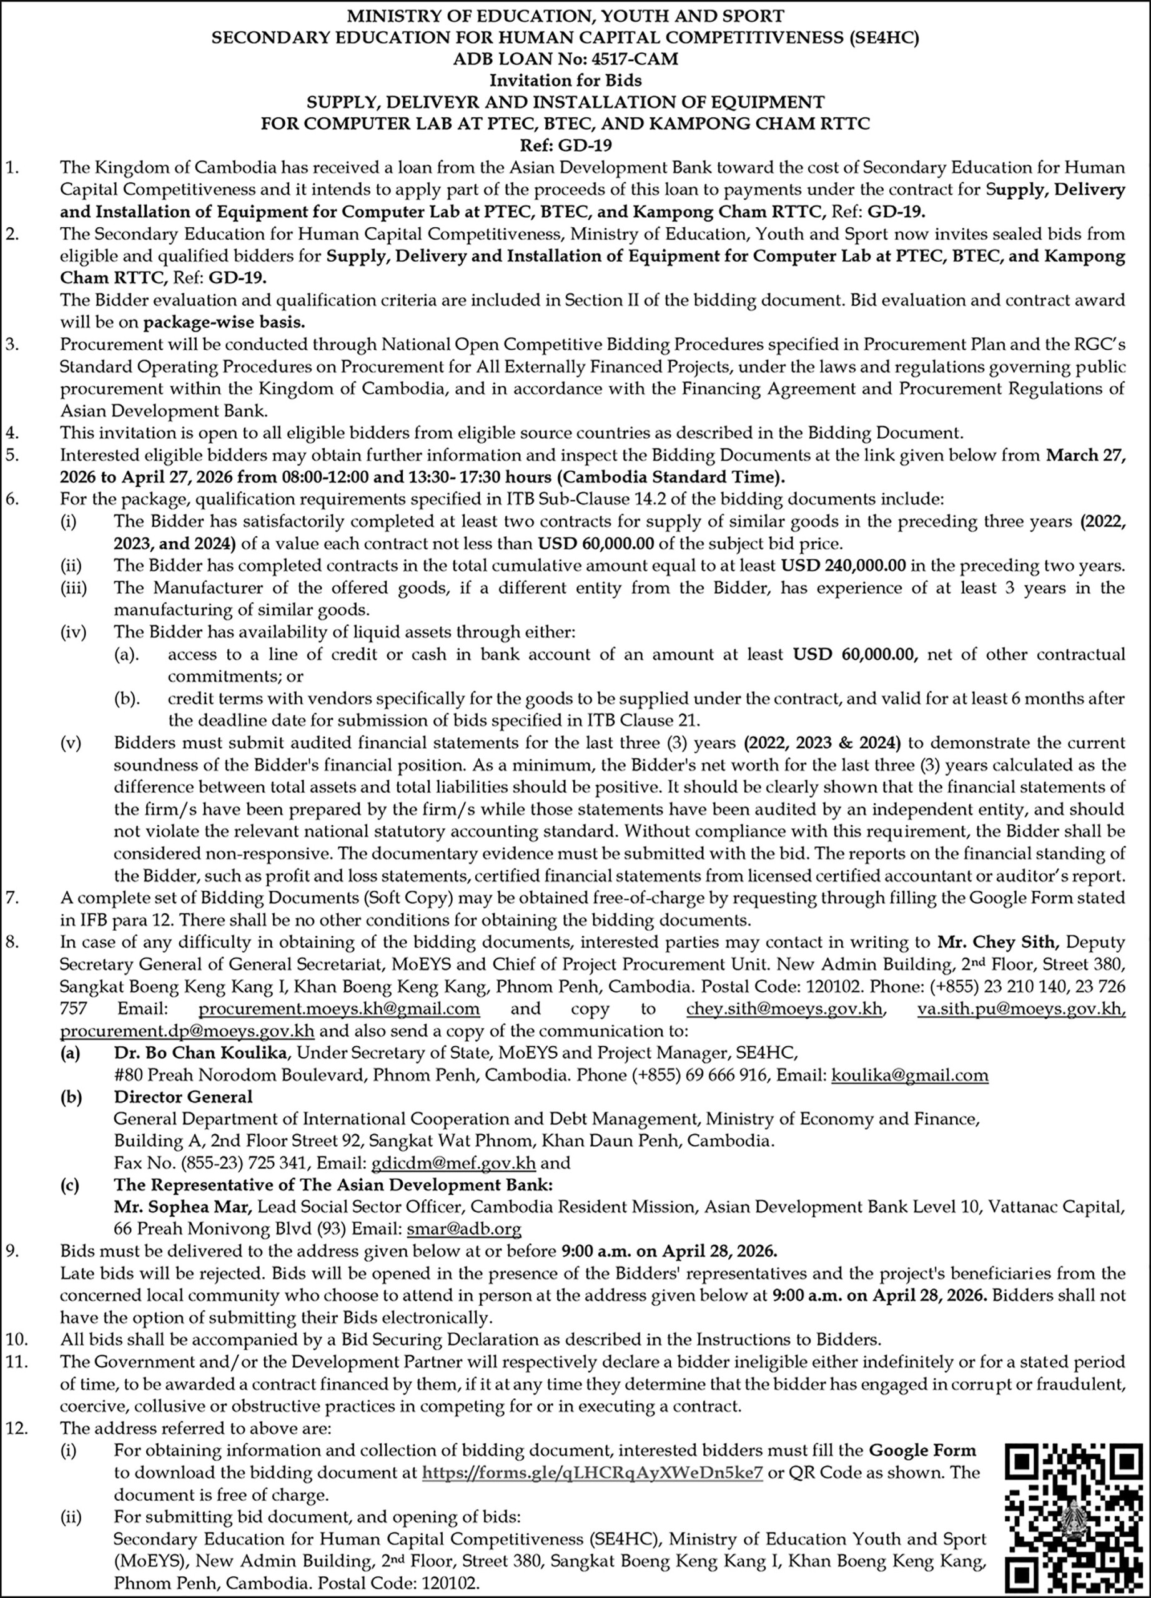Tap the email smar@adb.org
click(x=464, y=1230)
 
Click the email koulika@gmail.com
click(x=910, y=1075)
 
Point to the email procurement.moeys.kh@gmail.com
click(x=339, y=1009)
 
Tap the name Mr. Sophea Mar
click(x=182, y=1208)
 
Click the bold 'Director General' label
click(x=182, y=1097)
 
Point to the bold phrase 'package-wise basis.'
click(x=224, y=323)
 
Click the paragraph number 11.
click(x=15, y=1363)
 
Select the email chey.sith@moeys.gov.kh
click(x=784, y=1009)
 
